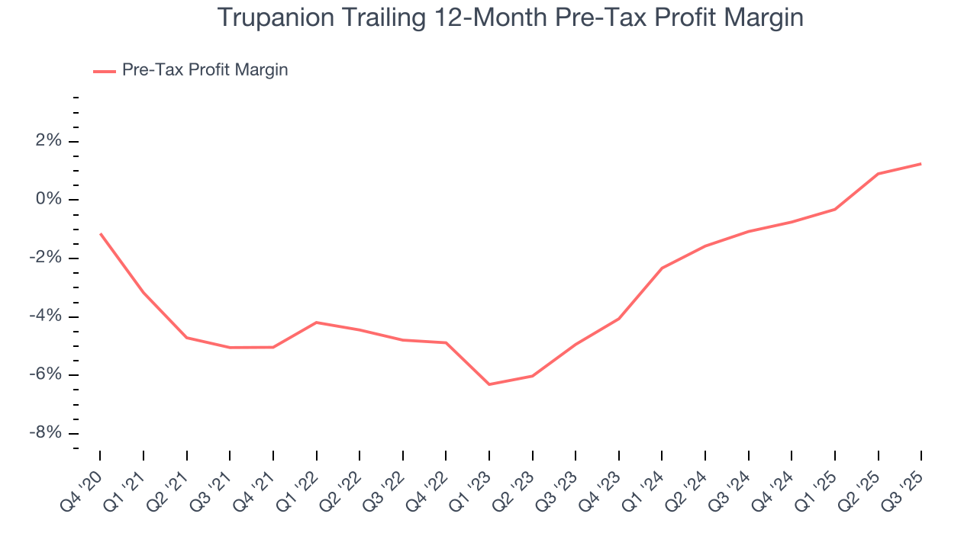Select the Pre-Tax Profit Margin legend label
(x=205, y=70)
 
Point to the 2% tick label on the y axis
(x=46, y=141)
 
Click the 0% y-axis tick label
(x=46, y=200)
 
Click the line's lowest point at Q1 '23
(x=489, y=384)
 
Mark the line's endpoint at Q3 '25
(x=921, y=164)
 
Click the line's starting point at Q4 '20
(x=100, y=233)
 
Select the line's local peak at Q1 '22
(x=316, y=323)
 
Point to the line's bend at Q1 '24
(x=662, y=268)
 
